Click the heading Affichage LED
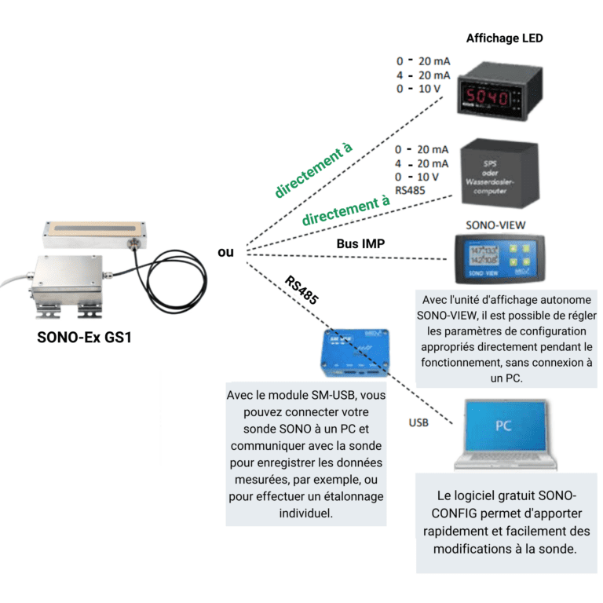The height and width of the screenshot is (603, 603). point(504,38)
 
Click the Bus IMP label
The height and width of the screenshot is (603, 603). point(360,244)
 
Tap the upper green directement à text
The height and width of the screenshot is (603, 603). point(313,170)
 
